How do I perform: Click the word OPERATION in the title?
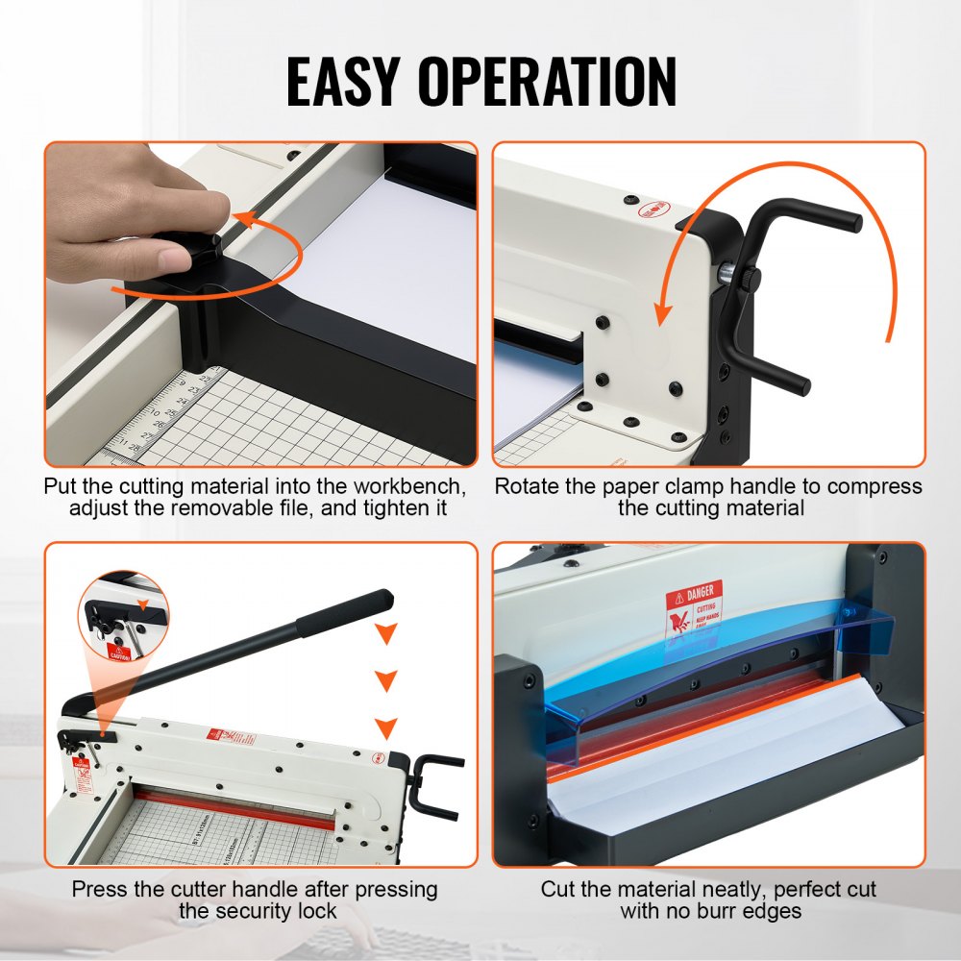563,82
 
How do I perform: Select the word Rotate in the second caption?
528,486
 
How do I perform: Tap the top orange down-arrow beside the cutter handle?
386,634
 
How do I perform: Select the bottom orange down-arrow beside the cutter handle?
386,727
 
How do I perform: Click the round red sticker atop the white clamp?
654,209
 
